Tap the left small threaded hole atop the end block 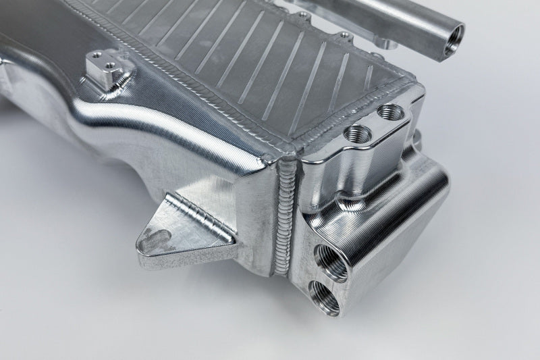point(353,131)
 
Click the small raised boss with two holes point(105,70)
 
